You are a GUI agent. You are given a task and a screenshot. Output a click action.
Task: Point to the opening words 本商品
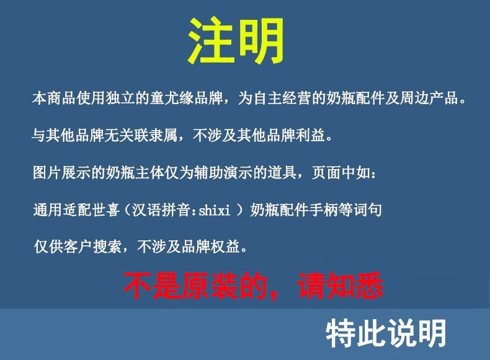tap(54, 98)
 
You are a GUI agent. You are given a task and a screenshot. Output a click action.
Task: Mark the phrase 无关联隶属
tap(141, 135)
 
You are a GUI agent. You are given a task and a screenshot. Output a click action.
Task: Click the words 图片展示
tap(61, 172)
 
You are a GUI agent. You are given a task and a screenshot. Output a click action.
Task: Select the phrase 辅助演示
tap(223, 172)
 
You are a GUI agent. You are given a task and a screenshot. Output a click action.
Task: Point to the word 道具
tap(282, 172)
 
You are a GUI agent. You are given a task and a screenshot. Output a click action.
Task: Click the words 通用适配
tap(62, 209)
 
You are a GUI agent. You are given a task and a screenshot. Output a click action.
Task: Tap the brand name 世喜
tap(106, 209)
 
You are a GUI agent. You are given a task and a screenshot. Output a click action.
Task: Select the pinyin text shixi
tap(215, 210)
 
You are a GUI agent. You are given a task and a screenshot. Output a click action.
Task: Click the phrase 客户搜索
tap(92, 247)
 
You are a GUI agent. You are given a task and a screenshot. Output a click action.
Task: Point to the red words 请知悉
tap(340, 285)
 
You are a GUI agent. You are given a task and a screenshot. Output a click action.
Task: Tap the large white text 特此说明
tap(386, 333)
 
